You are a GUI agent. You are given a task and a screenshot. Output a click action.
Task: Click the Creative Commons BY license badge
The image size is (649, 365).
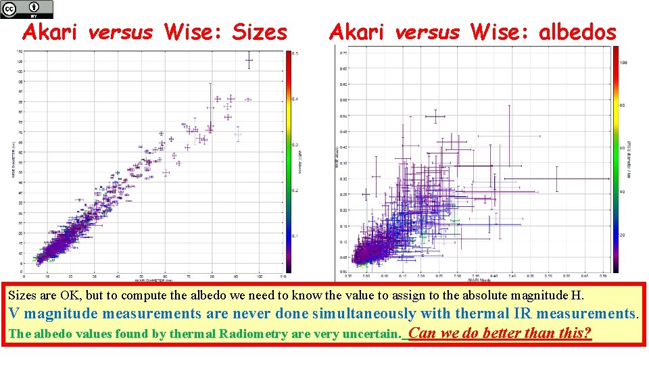click(x=27, y=9)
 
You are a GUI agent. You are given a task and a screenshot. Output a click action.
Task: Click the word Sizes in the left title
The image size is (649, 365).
click(x=260, y=32)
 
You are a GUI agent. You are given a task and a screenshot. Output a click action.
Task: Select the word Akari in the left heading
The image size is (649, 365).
click(x=53, y=32)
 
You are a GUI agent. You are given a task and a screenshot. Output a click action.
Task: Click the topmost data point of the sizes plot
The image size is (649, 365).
click(x=249, y=61)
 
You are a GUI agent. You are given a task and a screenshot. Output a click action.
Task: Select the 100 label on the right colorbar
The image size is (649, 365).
click(x=623, y=62)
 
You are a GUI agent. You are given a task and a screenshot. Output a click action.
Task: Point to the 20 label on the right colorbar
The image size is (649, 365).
click(x=623, y=235)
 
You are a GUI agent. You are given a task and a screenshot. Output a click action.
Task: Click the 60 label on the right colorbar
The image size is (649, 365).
click(x=623, y=148)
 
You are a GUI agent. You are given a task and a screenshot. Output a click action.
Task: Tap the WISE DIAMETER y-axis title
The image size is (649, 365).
click(x=13, y=160)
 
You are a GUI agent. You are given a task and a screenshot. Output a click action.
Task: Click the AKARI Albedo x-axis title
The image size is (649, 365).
click(x=475, y=279)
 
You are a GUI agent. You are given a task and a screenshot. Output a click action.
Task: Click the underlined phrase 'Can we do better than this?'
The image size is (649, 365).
click(x=500, y=333)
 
